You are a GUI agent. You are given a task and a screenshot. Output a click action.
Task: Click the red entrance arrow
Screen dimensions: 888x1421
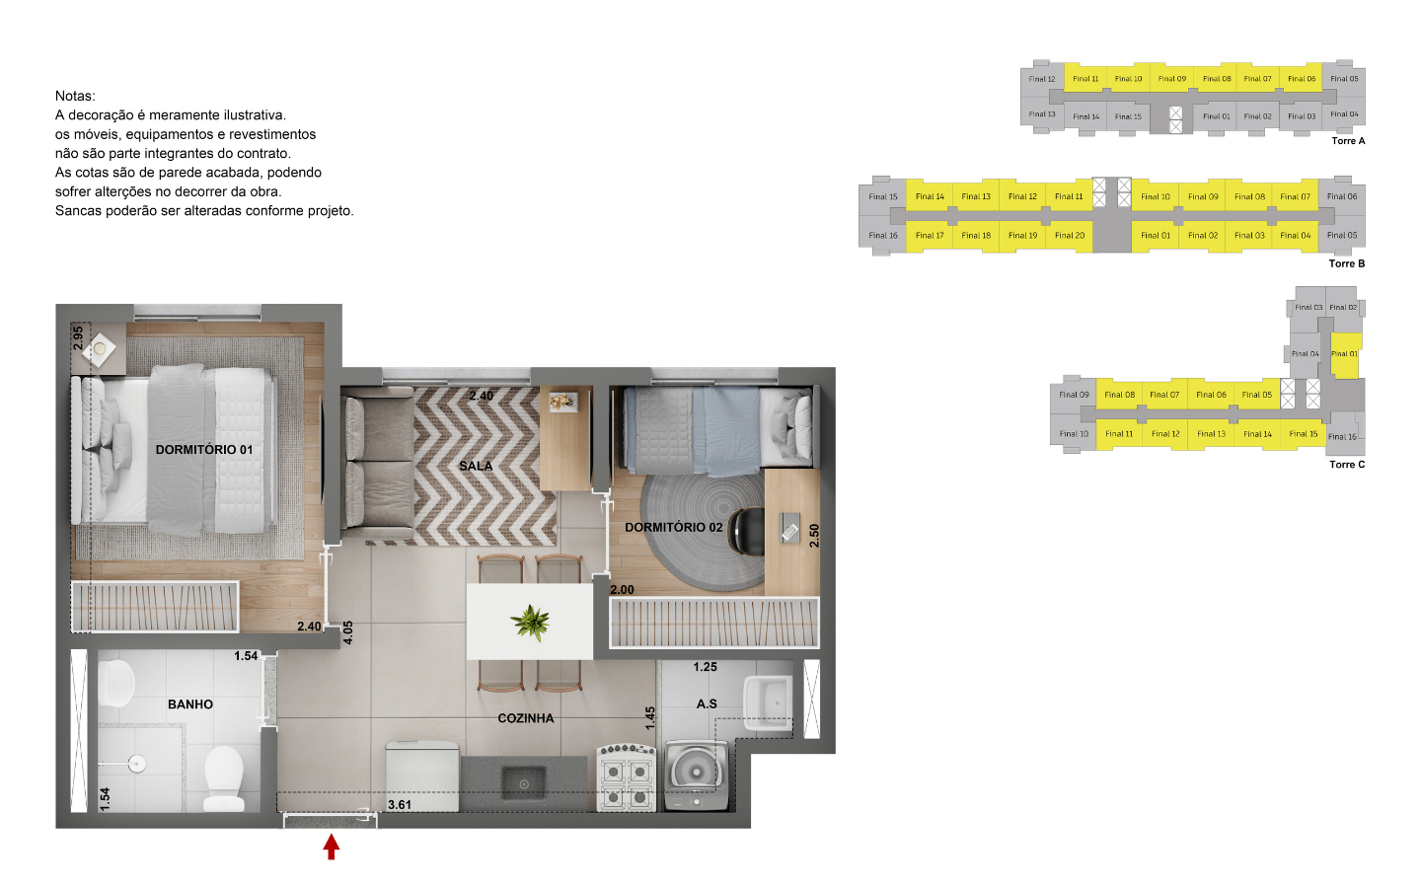click(332, 847)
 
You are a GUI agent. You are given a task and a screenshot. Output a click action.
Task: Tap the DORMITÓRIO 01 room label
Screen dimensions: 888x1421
click(204, 449)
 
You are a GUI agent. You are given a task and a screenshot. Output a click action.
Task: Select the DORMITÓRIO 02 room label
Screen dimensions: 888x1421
click(673, 527)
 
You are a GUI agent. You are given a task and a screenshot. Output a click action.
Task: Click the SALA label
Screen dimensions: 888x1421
click(476, 466)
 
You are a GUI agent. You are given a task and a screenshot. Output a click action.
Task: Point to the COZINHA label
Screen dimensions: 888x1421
click(525, 718)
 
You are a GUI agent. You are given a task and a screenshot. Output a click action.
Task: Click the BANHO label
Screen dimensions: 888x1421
click(190, 704)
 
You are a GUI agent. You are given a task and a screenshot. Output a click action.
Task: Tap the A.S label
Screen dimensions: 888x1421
click(707, 703)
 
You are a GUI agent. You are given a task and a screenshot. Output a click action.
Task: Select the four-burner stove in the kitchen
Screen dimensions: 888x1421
click(627, 777)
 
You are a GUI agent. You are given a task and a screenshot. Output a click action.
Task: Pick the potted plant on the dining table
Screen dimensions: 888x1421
click(531, 623)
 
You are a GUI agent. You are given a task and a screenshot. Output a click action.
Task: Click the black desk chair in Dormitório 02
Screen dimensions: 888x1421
click(747, 531)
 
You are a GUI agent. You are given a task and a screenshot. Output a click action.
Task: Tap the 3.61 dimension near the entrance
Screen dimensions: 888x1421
click(400, 805)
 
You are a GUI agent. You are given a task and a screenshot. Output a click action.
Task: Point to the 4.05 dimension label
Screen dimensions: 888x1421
click(347, 632)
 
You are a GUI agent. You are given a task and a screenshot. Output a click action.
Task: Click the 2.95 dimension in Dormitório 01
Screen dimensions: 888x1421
click(78, 337)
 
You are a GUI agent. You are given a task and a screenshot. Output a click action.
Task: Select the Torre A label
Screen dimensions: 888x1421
click(1348, 141)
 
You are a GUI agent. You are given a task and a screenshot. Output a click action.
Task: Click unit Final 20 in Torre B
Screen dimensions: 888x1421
click(1070, 236)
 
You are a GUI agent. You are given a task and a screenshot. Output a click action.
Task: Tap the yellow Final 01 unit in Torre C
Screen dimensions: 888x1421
click(1344, 354)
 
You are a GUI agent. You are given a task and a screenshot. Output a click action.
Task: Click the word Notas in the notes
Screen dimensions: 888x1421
click(75, 96)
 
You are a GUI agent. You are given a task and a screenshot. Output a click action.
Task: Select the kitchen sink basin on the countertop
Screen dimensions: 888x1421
click(524, 783)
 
